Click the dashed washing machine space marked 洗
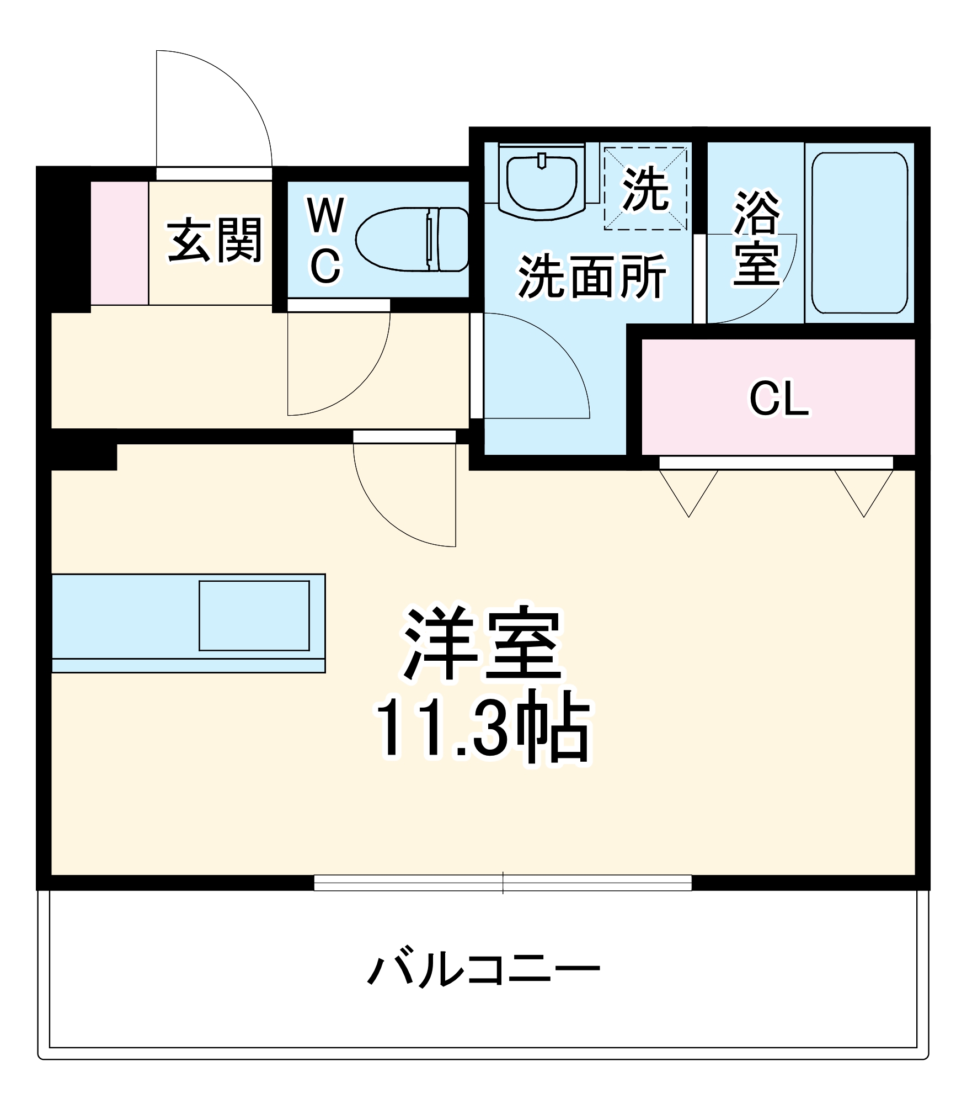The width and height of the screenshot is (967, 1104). click(645, 188)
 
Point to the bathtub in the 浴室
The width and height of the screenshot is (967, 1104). click(859, 232)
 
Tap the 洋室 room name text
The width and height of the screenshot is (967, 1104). click(483, 645)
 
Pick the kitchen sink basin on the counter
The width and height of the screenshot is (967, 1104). click(254, 615)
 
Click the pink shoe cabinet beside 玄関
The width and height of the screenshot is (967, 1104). click(119, 242)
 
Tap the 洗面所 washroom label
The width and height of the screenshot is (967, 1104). click(592, 276)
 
